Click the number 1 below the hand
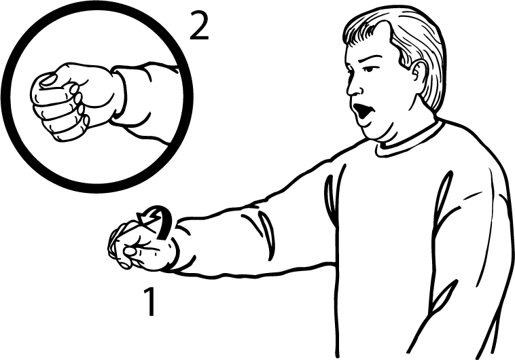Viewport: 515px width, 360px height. pyautogui.click(x=149, y=302)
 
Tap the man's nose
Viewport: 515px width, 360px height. pyautogui.click(x=353, y=86)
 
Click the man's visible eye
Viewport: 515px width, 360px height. pyautogui.click(x=369, y=70)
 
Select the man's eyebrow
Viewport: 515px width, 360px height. pyautogui.click(x=367, y=60)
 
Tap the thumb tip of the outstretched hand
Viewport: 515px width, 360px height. pyautogui.click(x=129, y=251)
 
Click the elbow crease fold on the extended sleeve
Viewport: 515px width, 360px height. pyautogui.click(x=267, y=234)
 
